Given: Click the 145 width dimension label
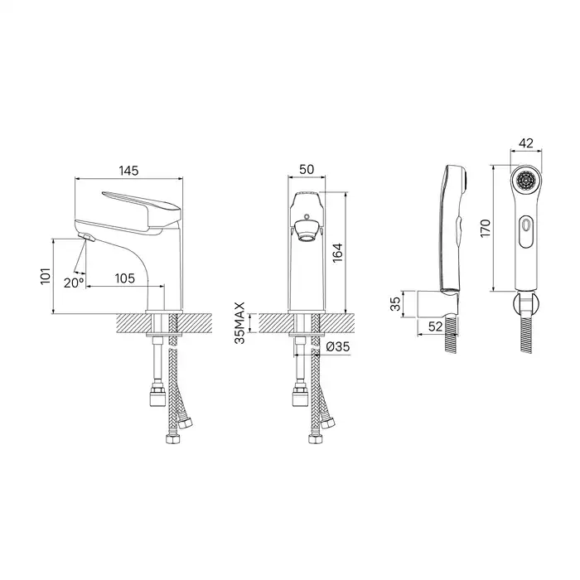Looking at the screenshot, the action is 128,171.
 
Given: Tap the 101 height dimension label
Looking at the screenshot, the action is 46,276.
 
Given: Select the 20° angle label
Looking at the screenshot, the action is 74,283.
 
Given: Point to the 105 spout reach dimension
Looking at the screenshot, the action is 124,278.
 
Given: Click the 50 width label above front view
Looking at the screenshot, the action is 307,169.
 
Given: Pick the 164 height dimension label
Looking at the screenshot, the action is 337,253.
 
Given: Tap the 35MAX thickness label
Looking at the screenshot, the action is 240,323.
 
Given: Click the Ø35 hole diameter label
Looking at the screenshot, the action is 338,347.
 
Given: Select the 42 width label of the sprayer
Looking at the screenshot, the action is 526,143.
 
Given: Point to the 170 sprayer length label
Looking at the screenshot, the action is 485,228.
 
